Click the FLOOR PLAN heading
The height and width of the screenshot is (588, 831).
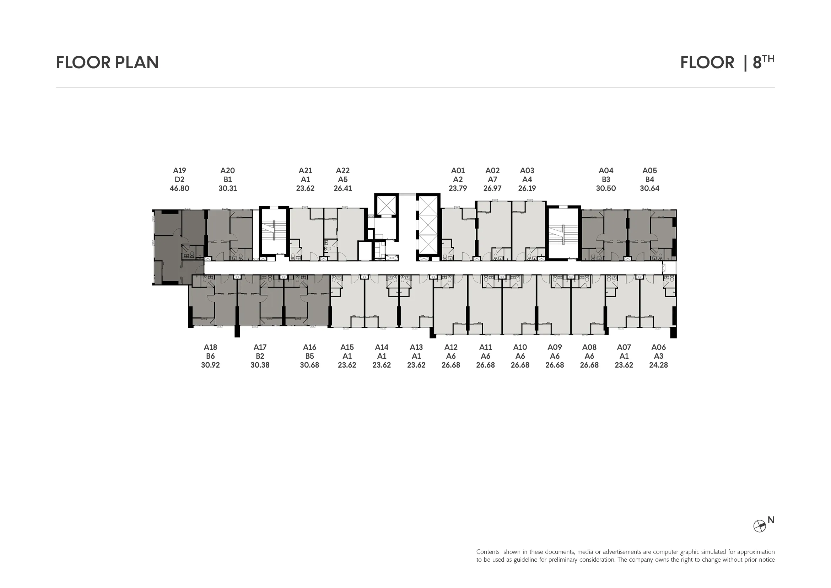point(107,62)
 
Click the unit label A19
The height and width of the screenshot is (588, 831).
point(179,171)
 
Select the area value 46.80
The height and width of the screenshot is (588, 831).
point(179,188)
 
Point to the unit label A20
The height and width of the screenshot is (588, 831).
point(228,171)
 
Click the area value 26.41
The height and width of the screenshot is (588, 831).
point(343,188)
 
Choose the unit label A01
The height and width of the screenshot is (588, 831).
point(458,171)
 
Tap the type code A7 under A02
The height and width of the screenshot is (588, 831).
point(492,180)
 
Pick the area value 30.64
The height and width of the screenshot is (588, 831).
point(650,188)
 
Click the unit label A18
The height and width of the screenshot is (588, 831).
point(210,347)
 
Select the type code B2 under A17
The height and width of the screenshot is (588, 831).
point(260,356)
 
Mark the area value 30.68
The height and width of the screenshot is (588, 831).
point(309,365)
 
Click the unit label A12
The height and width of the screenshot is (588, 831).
point(451,347)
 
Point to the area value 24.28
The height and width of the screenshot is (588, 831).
point(658,365)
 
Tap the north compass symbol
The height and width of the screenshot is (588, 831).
point(759,526)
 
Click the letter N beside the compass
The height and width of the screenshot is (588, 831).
point(771,520)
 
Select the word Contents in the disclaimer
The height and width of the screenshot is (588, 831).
point(488,552)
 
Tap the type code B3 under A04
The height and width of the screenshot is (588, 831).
point(606,180)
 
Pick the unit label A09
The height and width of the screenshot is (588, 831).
point(555,347)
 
